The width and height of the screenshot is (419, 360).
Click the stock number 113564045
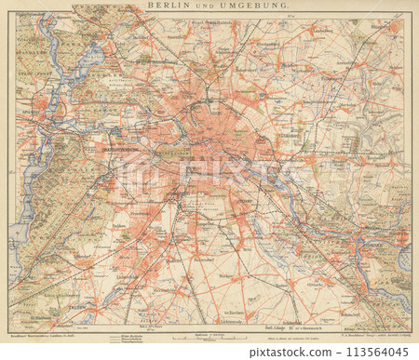[368, 352]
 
